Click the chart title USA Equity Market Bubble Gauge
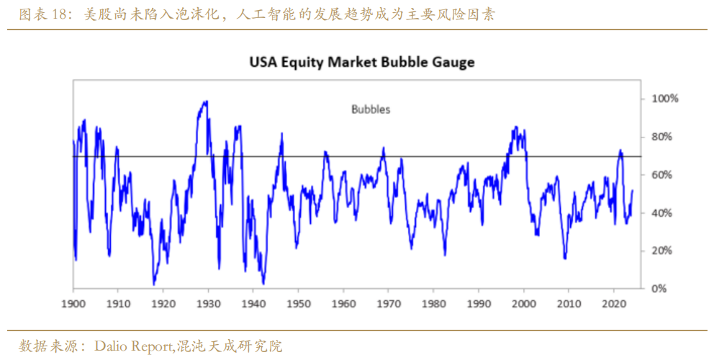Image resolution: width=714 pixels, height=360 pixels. coord(362,62)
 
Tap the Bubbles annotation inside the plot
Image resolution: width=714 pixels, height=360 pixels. coord(371,109)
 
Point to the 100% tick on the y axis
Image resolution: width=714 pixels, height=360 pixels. coord(664,98)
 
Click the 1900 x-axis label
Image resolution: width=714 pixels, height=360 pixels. coord(73,302)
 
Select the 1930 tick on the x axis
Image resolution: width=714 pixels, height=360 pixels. coord(209,302)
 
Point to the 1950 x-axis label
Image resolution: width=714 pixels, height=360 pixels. coord(299,302)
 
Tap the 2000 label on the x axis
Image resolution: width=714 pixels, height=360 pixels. coord(524,302)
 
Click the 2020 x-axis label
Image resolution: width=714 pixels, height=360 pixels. coord(614,302)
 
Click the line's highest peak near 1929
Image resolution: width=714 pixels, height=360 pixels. coord(206,102)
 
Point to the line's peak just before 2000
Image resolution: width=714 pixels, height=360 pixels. coord(515,127)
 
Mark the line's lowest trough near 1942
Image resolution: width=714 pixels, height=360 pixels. coord(264,284)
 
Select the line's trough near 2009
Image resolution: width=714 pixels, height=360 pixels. coord(565,258)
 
